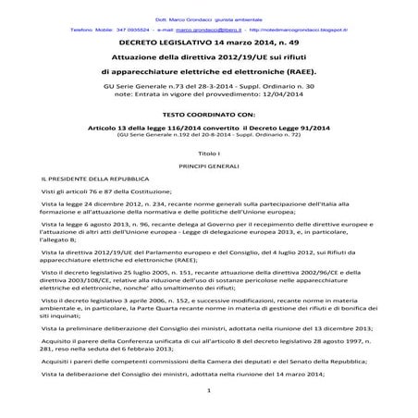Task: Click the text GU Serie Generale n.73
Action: tap(139, 84)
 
